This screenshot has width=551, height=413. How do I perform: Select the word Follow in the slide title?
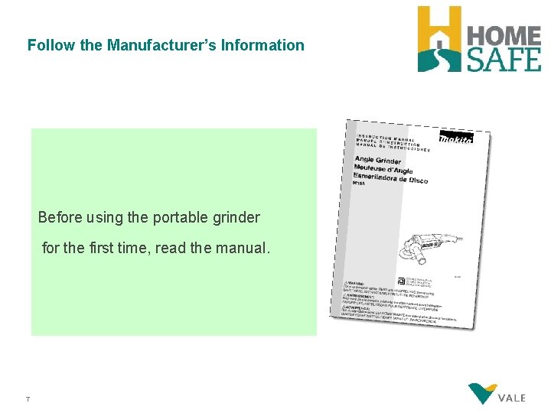pos(51,45)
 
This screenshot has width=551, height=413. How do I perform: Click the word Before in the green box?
pos(60,218)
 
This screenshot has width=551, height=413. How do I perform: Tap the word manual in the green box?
pos(243,249)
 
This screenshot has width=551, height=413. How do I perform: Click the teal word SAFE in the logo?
pos(504,59)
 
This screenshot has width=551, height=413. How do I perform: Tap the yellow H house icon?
pos(439,39)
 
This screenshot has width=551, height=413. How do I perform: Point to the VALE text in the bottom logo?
pos(511,398)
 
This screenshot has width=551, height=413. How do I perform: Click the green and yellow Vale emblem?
pos(482,393)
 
